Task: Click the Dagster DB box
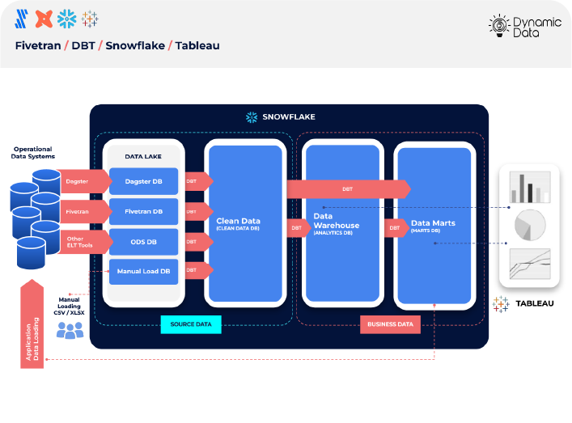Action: coord(143,181)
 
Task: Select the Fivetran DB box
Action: coord(143,212)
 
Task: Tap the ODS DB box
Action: coord(143,241)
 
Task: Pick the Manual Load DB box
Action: coord(143,271)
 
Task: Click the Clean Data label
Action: coord(239,222)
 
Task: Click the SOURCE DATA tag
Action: coord(191,325)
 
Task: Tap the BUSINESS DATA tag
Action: coord(391,325)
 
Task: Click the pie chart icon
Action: coord(530,224)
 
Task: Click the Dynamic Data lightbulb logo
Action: coord(498,27)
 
